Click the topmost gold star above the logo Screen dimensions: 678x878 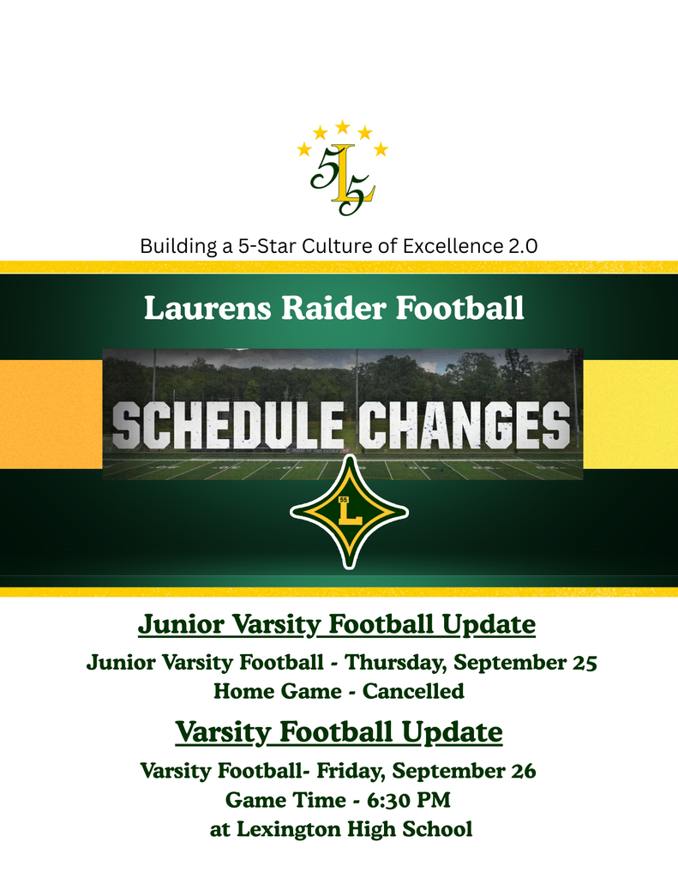click(x=343, y=127)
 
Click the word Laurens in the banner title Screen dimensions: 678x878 click(x=207, y=308)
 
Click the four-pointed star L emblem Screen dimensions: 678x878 click(x=350, y=512)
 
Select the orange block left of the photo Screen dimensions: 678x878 click(x=51, y=414)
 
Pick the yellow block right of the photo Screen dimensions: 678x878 click(x=630, y=414)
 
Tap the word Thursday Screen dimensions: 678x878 click(x=395, y=663)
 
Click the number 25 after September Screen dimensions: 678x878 click(x=585, y=663)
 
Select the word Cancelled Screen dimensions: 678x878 click(x=413, y=691)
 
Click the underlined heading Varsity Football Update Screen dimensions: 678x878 click(x=339, y=732)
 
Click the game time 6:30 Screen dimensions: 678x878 click(x=388, y=800)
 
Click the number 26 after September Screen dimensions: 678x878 click(x=524, y=771)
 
